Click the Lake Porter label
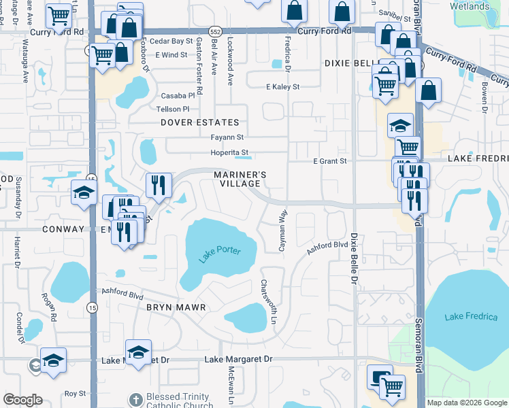(220, 255)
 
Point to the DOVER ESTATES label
(200, 122)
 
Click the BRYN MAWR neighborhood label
(176, 307)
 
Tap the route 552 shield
(215, 32)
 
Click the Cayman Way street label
(282, 231)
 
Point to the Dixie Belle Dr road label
(354, 258)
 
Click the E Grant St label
(330, 161)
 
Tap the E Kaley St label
(282, 87)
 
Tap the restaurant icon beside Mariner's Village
(158, 185)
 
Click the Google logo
(22, 400)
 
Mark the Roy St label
(75, 393)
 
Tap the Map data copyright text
(467, 403)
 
